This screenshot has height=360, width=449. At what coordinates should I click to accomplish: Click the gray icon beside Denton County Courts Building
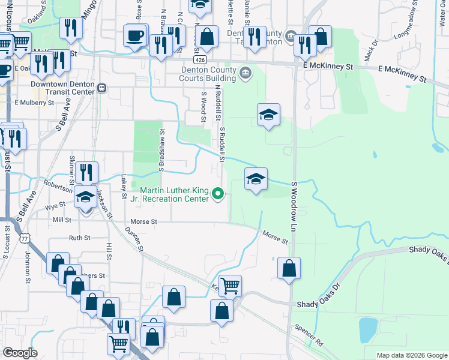tap(245, 74)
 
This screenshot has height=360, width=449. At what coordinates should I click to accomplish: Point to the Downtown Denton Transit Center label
tap(62, 88)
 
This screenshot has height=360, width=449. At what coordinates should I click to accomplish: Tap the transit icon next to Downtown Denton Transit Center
tap(102, 88)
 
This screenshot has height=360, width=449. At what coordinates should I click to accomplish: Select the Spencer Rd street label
tap(309, 335)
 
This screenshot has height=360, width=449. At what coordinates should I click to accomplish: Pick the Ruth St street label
tap(79, 238)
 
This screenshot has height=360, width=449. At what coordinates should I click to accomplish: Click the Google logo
tap(20, 353)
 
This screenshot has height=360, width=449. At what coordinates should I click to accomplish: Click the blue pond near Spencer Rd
tap(367, 329)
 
